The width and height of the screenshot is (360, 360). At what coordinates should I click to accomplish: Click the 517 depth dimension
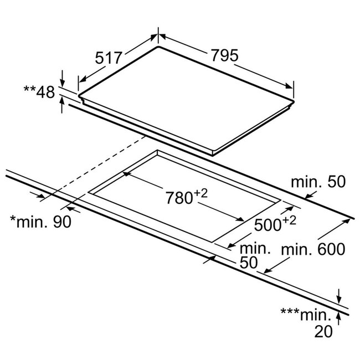tap(108, 58)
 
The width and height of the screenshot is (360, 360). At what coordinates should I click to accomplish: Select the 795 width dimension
tap(225, 55)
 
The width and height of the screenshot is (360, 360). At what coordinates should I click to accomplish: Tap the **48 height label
tap(39, 92)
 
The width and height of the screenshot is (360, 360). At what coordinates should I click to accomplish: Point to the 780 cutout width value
tap(179, 198)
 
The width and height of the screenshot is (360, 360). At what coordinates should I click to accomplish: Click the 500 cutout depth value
tap(268, 225)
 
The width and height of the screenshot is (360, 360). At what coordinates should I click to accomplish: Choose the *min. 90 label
tap(40, 222)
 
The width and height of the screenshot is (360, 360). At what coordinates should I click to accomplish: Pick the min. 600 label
tap(313, 249)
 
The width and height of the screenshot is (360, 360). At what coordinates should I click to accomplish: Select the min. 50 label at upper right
tap(318, 182)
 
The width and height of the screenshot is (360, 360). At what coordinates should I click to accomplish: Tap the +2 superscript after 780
tap(201, 193)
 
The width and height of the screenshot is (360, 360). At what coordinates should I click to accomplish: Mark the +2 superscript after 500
tap(290, 220)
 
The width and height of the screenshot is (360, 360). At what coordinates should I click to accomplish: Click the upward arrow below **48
tap(62, 105)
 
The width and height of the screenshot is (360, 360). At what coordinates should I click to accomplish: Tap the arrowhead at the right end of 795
tap(289, 86)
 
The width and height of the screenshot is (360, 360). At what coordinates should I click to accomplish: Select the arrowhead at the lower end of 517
tap(83, 79)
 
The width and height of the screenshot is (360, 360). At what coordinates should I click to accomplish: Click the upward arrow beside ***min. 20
tap(338, 318)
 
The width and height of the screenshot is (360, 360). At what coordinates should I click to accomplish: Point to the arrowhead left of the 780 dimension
tap(127, 173)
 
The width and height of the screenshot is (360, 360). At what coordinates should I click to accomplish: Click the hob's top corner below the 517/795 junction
tap(158, 47)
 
